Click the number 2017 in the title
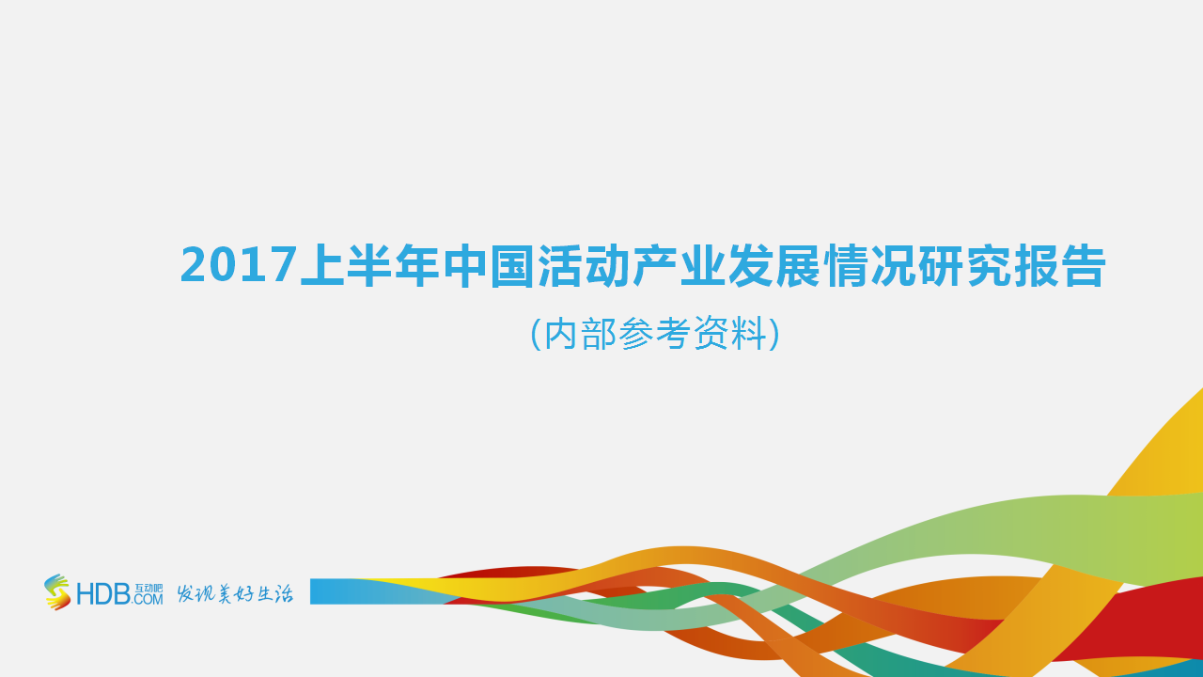[x=239, y=267]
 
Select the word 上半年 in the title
[x=370, y=267]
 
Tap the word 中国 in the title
[x=489, y=267]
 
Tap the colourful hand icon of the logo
[x=57, y=592]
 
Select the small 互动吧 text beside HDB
[x=148, y=588]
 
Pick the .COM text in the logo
[x=148, y=599]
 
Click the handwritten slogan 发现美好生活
[x=235, y=593]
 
